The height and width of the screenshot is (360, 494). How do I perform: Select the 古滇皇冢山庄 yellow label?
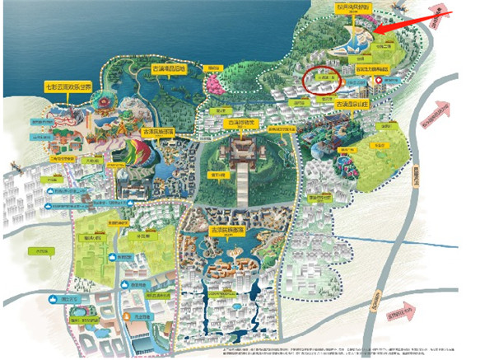click(x=348, y=105)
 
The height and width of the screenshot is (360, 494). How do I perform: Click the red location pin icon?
click(x=378, y=81)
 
